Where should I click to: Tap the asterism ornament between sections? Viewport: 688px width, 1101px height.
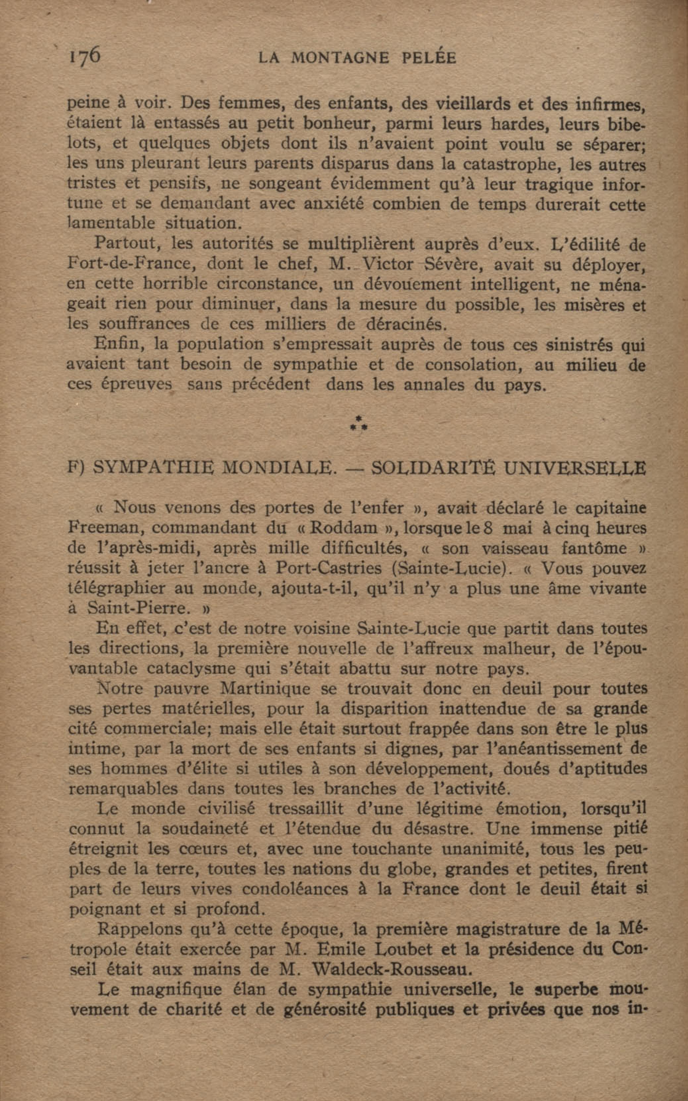click(x=359, y=423)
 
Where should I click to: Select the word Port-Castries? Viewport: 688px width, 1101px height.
click(x=329, y=568)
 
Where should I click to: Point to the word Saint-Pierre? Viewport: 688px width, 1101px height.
click(x=136, y=608)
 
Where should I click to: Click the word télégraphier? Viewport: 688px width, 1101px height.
click(x=117, y=588)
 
